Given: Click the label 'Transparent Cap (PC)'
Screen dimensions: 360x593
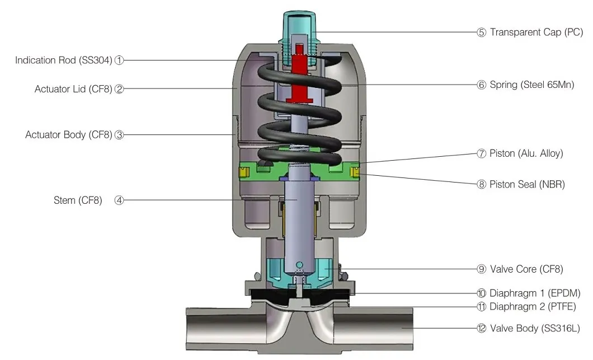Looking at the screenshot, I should tap(536, 32).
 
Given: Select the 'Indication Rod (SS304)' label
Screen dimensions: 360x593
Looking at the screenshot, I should tap(64, 60).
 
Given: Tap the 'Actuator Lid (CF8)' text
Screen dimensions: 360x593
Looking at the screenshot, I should tap(73, 89).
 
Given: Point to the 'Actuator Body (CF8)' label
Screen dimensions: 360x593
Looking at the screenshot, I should tap(69, 135).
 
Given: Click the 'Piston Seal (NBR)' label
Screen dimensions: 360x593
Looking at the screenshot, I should tap(527, 184).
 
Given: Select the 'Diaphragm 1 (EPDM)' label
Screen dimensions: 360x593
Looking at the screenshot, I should tap(534, 293).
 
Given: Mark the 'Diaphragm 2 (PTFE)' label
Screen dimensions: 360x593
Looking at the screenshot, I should tap(532, 306).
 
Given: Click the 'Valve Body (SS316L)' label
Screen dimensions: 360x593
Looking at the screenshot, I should tap(533, 329).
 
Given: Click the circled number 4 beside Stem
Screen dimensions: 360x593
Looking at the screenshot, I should tap(119, 200).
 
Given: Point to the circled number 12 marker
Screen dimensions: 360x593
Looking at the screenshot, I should tap(481, 329).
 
